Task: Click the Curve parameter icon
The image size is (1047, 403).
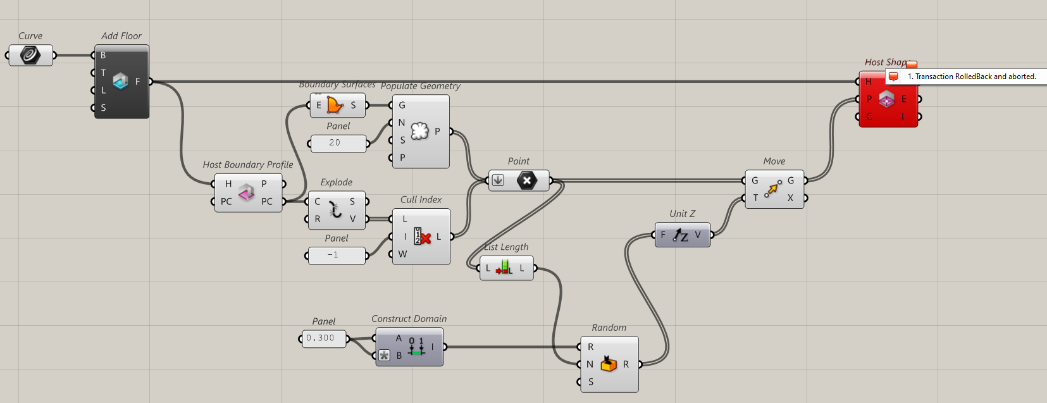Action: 30,55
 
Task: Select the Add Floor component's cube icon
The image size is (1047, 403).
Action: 120,81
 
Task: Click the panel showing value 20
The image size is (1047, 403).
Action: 338,143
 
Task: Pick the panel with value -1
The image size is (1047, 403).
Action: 336,255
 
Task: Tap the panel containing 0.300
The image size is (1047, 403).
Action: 324,338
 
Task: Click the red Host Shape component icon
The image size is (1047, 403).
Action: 886,99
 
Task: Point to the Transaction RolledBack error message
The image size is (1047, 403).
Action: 971,77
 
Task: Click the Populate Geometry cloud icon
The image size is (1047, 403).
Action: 419,131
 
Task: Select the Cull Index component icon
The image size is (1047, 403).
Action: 422,237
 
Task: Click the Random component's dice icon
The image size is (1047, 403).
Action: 608,364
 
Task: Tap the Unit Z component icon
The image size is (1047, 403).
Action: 680,235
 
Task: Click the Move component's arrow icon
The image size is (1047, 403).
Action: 772,189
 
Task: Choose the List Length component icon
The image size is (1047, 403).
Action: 504,268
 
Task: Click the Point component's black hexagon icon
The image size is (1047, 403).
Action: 526,180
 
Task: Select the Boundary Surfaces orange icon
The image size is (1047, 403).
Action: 335,105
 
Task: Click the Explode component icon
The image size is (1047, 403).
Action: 335,210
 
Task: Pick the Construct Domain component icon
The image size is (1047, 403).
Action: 416,346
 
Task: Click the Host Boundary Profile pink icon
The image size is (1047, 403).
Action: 246,192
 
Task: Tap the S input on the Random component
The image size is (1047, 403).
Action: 590,381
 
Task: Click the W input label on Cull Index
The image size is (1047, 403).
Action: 402,254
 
